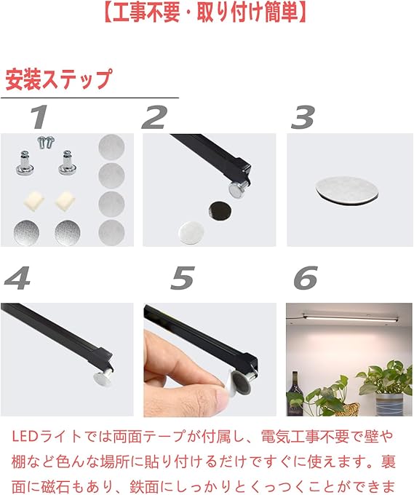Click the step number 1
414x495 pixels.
[39, 116]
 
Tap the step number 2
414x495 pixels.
[154, 116]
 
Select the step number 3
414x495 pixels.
[303, 117]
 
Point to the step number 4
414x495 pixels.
[17, 278]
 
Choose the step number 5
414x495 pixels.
[183, 278]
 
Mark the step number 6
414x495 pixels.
[306, 278]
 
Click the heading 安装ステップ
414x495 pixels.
[59, 79]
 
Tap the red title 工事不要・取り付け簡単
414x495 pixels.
[205, 12]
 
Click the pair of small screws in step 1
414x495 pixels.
[46, 142]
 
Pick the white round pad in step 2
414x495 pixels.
[191, 233]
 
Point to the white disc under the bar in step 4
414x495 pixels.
[102, 378]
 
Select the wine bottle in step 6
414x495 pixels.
[295, 394]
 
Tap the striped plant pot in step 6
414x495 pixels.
[389, 404]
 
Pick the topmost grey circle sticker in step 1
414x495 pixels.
[111, 147]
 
